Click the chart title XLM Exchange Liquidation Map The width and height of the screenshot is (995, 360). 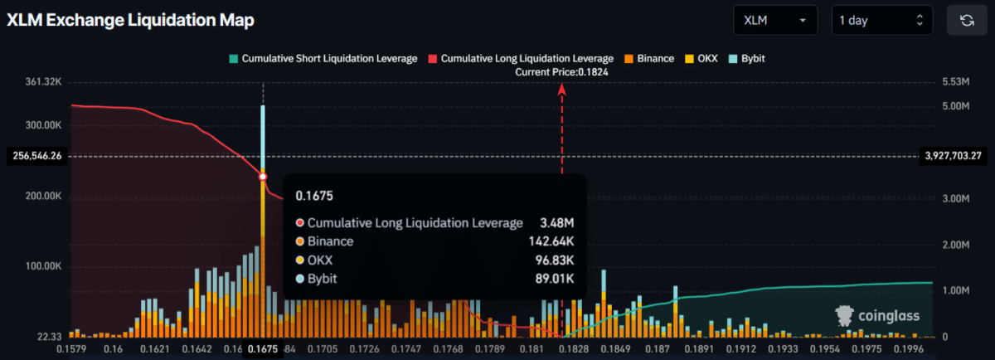(x=130, y=20)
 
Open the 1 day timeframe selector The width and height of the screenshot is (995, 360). (x=881, y=21)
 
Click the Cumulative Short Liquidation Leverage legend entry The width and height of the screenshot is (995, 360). (x=323, y=59)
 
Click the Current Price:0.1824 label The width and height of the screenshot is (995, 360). (x=562, y=72)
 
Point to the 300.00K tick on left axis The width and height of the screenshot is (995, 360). (x=43, y=125)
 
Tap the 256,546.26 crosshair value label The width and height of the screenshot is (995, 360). (x=39, y=156)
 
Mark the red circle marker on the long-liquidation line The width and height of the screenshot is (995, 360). (x=263, y=177)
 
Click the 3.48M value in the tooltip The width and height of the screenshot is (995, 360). (x=558, y=223)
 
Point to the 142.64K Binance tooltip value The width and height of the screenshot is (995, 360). (x=551, y=241)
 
